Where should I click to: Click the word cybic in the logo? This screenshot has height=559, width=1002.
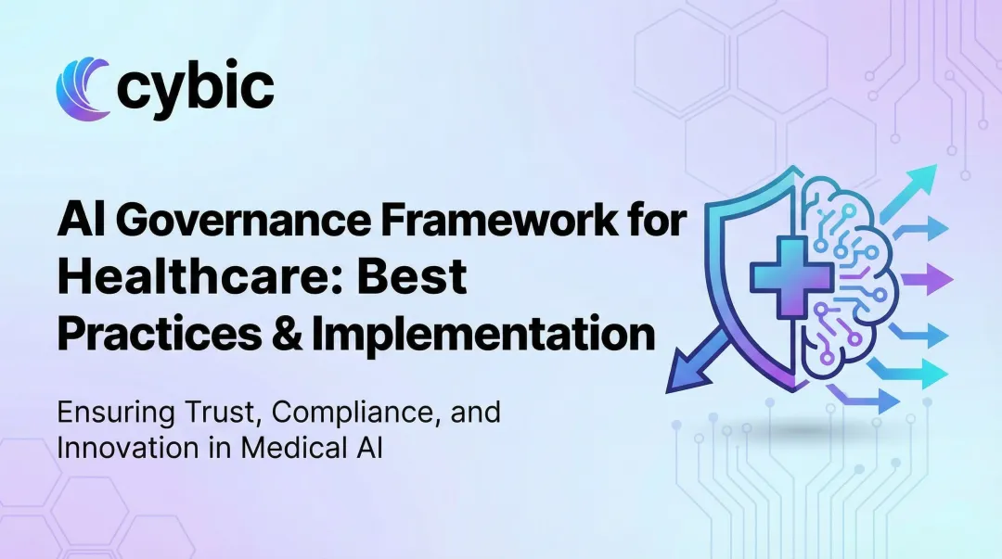click(x=196, y=87)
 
